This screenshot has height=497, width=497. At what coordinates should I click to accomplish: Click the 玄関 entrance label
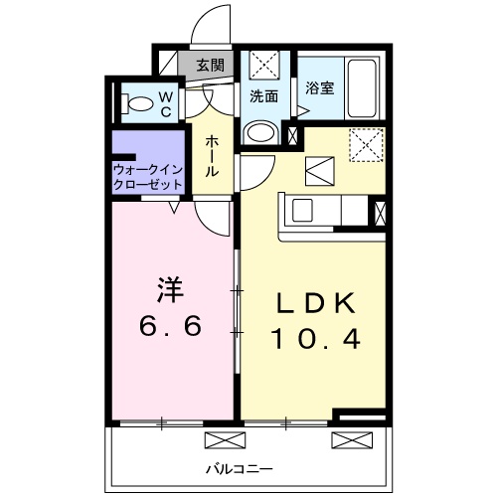pos(209,67)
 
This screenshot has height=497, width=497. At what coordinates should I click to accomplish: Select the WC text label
pos(166,102)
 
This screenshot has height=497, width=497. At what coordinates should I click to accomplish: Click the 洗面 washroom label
pos(263,97)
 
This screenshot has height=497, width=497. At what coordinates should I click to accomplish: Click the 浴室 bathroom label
pos(319,87)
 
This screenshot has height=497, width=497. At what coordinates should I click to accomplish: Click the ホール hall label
pos(211,157)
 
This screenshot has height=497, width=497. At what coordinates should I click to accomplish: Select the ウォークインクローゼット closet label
pos(147,177)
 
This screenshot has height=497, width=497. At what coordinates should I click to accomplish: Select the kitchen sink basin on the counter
pos(301,211)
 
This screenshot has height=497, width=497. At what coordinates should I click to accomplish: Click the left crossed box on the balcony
pos(220,440)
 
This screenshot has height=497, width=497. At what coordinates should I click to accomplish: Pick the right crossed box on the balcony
pos(347,440)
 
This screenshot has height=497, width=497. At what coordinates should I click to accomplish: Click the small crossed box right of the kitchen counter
pos(379,212)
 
